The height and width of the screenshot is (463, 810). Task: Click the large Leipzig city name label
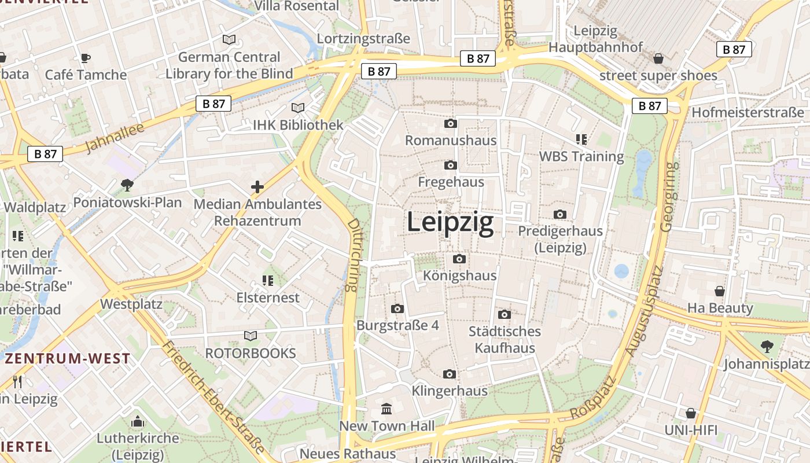pyautogui.click(x=450, y=223)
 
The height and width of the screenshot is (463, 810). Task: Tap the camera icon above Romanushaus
pyautogui.click(x=451, y=123)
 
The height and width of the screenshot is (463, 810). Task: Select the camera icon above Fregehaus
pyautogui.click(x=451, y=165)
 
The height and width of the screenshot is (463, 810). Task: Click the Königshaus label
pyautogui.click(x=460, y=275)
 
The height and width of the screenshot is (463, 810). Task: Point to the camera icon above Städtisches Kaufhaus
pyautogui.click(x=505, y=314)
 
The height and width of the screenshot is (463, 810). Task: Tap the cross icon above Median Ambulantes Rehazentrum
pyautogui.click(x=257, y=187)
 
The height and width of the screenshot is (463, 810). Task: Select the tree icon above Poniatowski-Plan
pyautogui.click(x=127, y=185)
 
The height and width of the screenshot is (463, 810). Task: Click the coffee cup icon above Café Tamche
pyautogui.click(x=86, y=57)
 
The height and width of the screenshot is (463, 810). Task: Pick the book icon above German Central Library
pyautogui.click(x=229, y=39)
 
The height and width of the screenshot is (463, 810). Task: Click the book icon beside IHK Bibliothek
pyautogui.click(x=298, y=108)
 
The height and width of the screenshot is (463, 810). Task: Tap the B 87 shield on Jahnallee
pyautogui.click(x=213, y=104)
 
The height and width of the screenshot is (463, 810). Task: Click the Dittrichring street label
pyautogui.click(x=353, y=255)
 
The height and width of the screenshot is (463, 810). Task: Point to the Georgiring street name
pyautogui.click(x=669, y=197)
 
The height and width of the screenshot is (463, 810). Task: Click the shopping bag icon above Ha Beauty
pyautogui.click(x=720, y=291)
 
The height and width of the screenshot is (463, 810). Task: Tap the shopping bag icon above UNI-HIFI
pyautogui.click(x=691, y=413)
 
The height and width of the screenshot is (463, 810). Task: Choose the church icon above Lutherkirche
pyautogui.click(x=138, y=421)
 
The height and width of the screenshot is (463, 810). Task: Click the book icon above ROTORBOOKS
pyautogui.click(x=251, y=336)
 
